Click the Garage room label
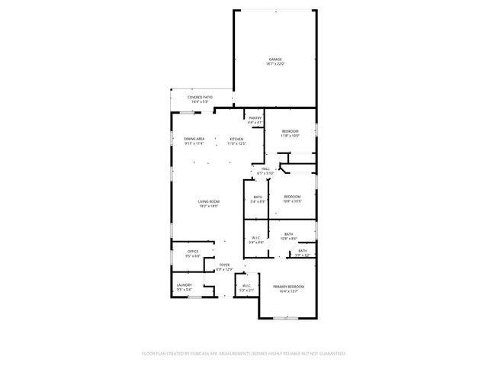point(274,59)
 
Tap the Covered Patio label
point(201,98)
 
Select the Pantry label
point(255,118)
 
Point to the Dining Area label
point(194,139)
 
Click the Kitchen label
point(237,139)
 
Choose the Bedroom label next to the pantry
point(290,131)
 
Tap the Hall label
point(265,169)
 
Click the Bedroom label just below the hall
point(292,197)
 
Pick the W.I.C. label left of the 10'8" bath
point(256,237)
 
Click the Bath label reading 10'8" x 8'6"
point(288,234)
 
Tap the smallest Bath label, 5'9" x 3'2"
point(303,251)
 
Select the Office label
point(194,252)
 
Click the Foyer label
point(224,265)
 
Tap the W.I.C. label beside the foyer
point(246,286)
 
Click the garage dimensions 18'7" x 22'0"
point(274,64)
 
